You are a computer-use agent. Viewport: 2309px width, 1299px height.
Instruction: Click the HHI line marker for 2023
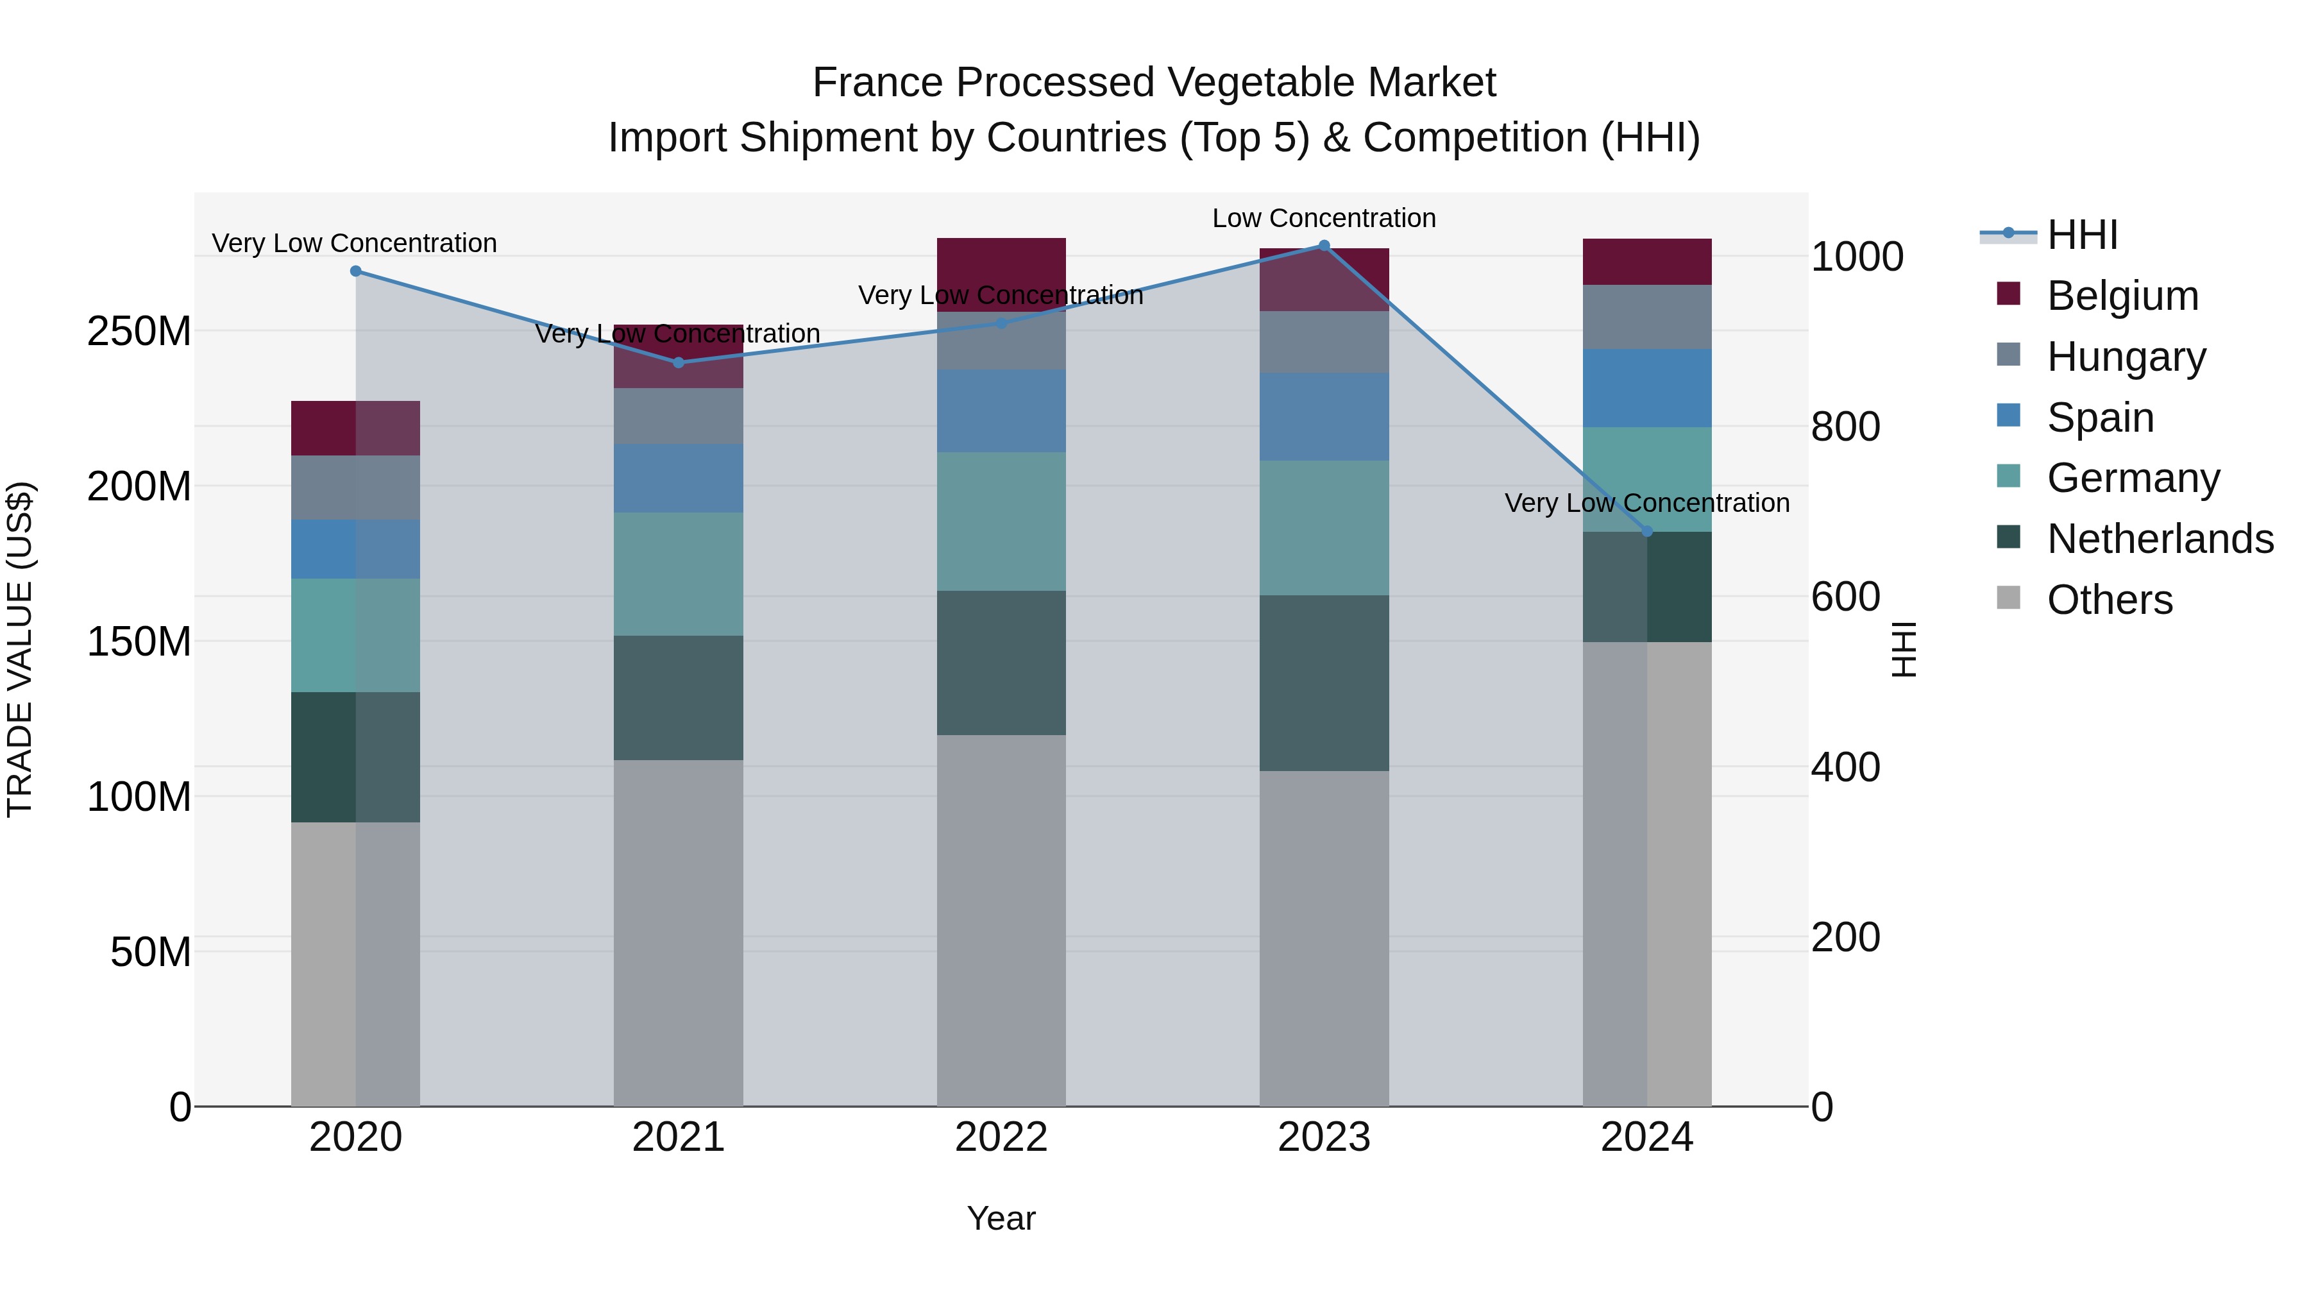point(1324,246)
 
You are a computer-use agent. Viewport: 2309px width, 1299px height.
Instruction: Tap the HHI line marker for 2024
point(1646,532)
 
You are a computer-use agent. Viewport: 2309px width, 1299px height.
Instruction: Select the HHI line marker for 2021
point(679,362)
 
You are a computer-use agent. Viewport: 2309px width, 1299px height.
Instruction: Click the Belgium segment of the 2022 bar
point(1001,275)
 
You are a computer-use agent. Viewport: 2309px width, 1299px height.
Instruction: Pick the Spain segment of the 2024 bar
point(1646,387)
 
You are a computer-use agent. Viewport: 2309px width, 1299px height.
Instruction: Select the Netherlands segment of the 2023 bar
point(1324,683)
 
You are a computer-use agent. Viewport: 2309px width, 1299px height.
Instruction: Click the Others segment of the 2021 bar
point(679,932)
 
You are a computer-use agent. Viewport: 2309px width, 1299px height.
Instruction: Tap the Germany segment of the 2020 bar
point(356,634)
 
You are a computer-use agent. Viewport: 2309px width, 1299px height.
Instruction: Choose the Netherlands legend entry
point(2160,539)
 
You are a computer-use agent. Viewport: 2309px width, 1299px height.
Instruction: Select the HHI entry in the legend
point(2081,235)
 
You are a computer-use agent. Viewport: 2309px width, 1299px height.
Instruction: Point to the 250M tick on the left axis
point(139,332)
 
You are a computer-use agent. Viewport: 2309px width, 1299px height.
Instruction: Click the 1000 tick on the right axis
point(1856,257)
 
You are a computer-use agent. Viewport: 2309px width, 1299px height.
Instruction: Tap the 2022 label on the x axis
point(1001,1137)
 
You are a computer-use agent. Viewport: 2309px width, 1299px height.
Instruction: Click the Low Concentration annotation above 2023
point(1324,218)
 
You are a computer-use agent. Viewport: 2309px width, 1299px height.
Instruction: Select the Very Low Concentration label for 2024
point(1646,503)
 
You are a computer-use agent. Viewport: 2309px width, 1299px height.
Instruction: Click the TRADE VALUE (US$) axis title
point(20,649)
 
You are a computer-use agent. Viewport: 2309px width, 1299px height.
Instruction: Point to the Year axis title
point(1001,1218)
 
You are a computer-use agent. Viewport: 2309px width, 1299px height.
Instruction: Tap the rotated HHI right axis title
point(1903,649)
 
